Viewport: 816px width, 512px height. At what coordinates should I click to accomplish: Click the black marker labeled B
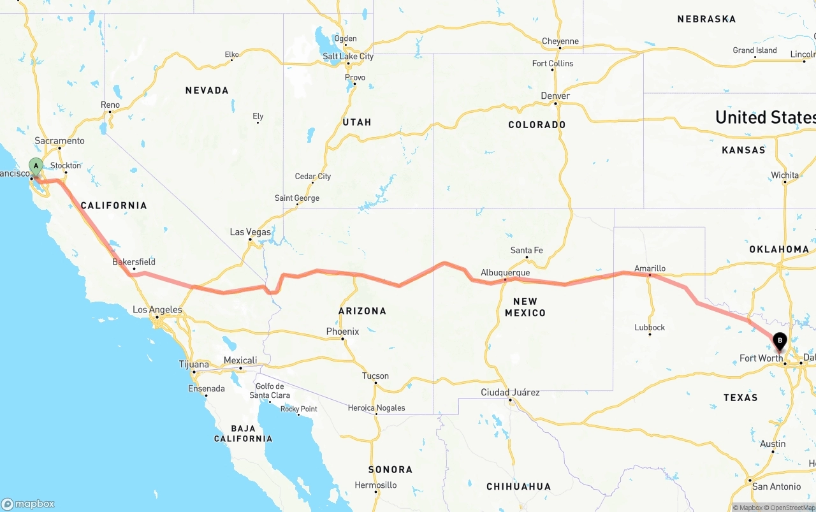(x=779, y=341)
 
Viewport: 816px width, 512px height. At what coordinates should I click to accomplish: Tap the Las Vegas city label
(x=250, y=232)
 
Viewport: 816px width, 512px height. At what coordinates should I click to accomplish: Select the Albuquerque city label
(x=505, y=273)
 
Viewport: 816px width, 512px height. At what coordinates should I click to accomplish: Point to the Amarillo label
(x=650, y=268)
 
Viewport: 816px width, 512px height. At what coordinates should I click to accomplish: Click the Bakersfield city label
(x=134, y=262)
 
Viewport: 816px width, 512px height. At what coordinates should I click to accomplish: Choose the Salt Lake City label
(x=347, y=56)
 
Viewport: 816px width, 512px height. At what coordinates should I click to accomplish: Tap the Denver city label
(x=555, y=96)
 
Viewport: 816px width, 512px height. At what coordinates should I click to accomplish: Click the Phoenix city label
(x=342, y=332)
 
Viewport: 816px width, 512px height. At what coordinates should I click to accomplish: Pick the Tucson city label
(x=375, y=376)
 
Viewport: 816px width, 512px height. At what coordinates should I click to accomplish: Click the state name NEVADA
(x=207, y=91)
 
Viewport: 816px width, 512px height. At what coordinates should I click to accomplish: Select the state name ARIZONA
(x=362, y=311)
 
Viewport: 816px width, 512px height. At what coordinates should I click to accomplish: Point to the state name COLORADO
(x=537, y=125)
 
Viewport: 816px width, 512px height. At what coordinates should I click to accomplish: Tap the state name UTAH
(x=356, y=122)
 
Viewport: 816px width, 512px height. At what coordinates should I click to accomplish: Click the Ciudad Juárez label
(x=510, y=393)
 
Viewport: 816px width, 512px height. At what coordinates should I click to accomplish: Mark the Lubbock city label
(x=650, y=328)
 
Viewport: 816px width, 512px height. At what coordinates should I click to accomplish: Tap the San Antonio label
(x=776, y=486)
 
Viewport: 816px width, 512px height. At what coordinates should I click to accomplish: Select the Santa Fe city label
(x=527, y=251)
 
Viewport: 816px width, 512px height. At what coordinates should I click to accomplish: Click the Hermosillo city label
(x=375, y=485)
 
